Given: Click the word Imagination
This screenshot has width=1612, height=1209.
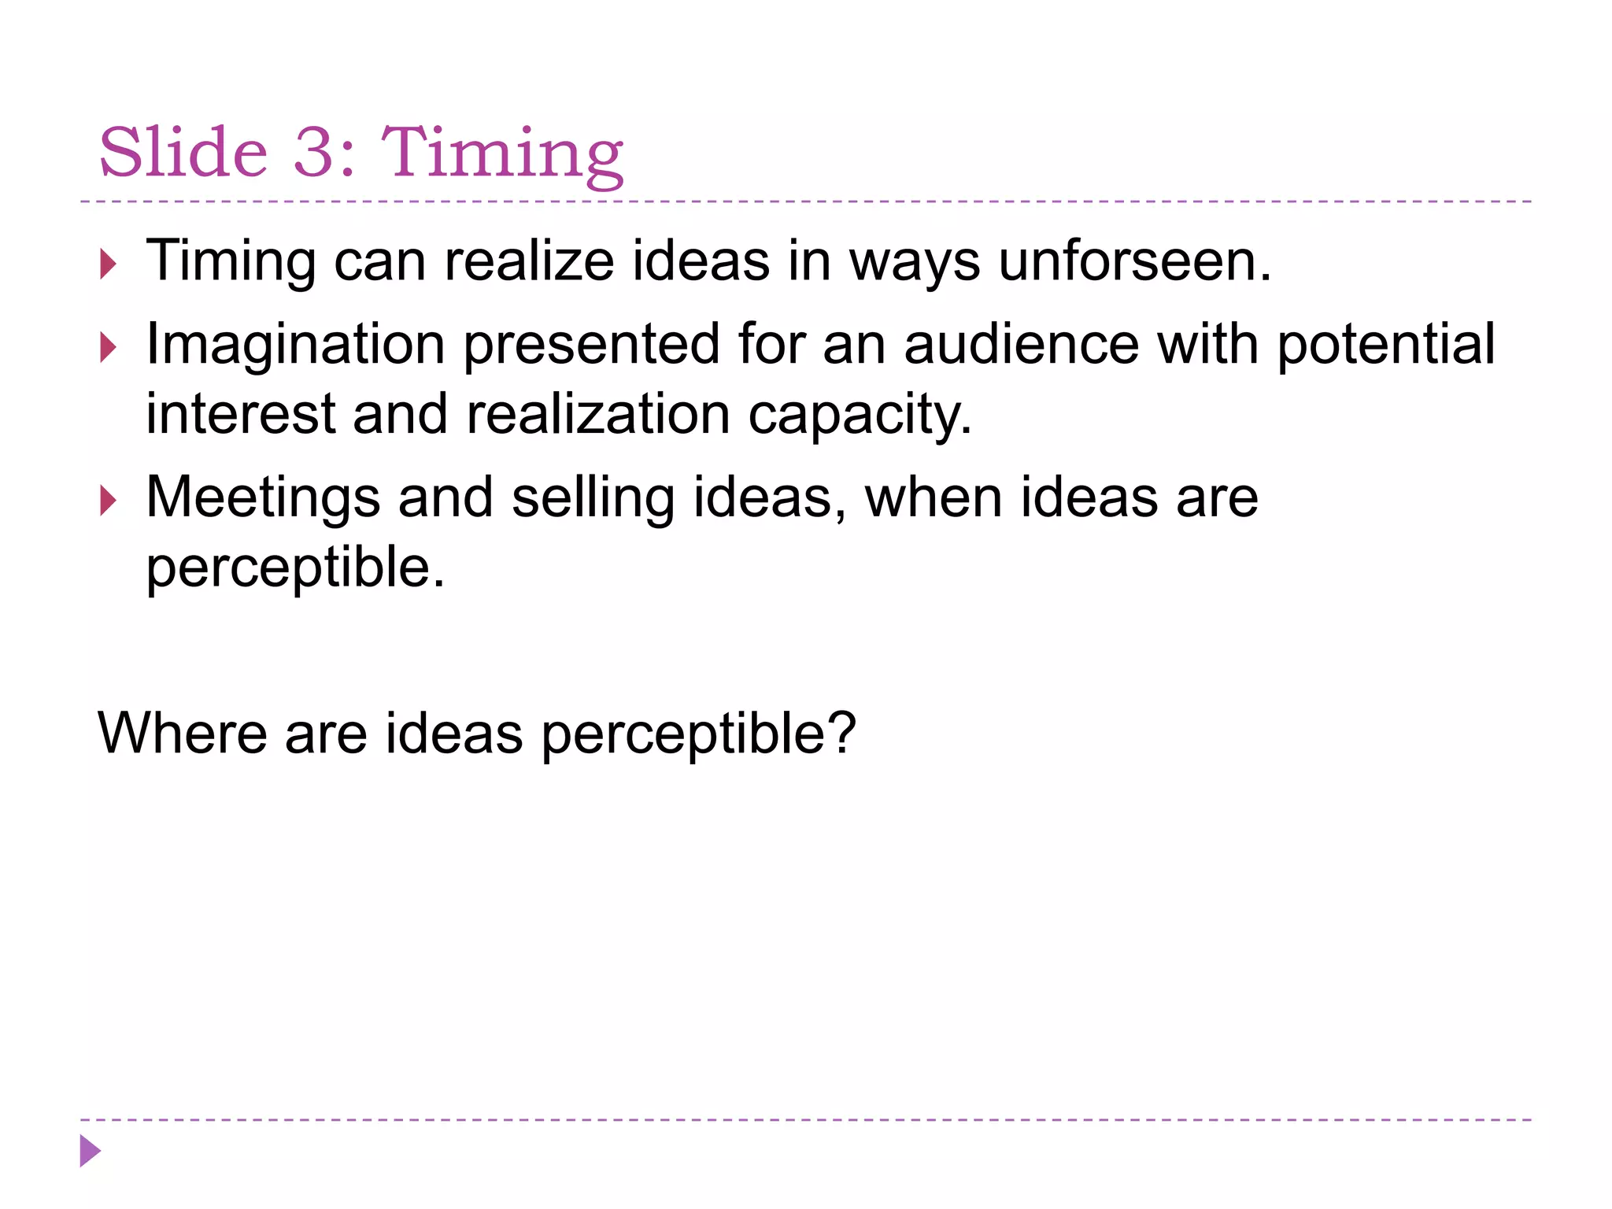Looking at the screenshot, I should [295, 345].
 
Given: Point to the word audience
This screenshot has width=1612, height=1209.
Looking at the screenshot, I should [1021, 344].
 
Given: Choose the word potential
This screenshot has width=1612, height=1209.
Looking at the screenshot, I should [1385, 345].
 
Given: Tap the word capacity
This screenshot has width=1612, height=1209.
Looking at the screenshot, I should [860, 415].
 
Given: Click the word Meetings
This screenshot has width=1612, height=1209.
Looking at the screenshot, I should [263, 498].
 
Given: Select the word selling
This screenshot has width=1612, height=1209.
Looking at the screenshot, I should [593, 498].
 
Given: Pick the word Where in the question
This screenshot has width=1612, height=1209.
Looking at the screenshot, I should [182, 733].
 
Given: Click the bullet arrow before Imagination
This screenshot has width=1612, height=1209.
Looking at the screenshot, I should [109, 347].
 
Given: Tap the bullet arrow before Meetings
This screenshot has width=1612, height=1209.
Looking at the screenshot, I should [109, 501].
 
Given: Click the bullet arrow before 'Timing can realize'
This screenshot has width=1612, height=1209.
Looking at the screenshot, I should [109, 264].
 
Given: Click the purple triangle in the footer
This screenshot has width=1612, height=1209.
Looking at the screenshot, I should [90, 1151].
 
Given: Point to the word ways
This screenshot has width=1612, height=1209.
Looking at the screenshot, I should [915, 262].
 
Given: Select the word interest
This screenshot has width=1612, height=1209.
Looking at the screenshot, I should [240, 415].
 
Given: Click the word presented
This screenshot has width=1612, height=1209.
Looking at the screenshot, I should [590, 345].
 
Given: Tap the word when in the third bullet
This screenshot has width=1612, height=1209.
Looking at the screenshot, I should [933, 498].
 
